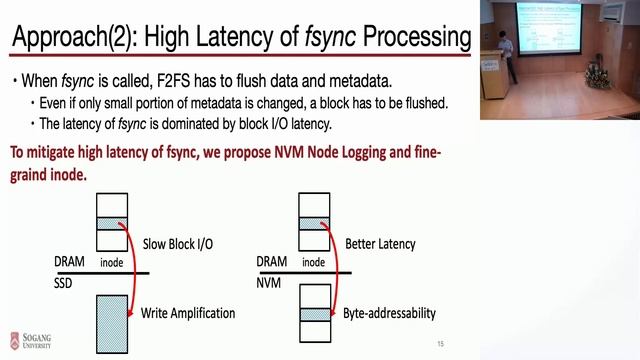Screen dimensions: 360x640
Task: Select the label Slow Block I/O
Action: (x=177, y=244)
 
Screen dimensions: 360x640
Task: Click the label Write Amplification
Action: (x=188, y=313)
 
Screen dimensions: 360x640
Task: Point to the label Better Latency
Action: (x=379, y=244)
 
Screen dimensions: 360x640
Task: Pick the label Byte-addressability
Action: (x=389, y=313)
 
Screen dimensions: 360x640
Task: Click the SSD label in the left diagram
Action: (x=67, y=283)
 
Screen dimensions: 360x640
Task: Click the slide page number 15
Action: (x=440, y=344)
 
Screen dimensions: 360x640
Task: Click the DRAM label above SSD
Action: (x=71, y=262)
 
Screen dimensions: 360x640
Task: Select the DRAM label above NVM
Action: (x=273, y=262)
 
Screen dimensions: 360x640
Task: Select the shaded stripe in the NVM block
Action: (x=316, y=313)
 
